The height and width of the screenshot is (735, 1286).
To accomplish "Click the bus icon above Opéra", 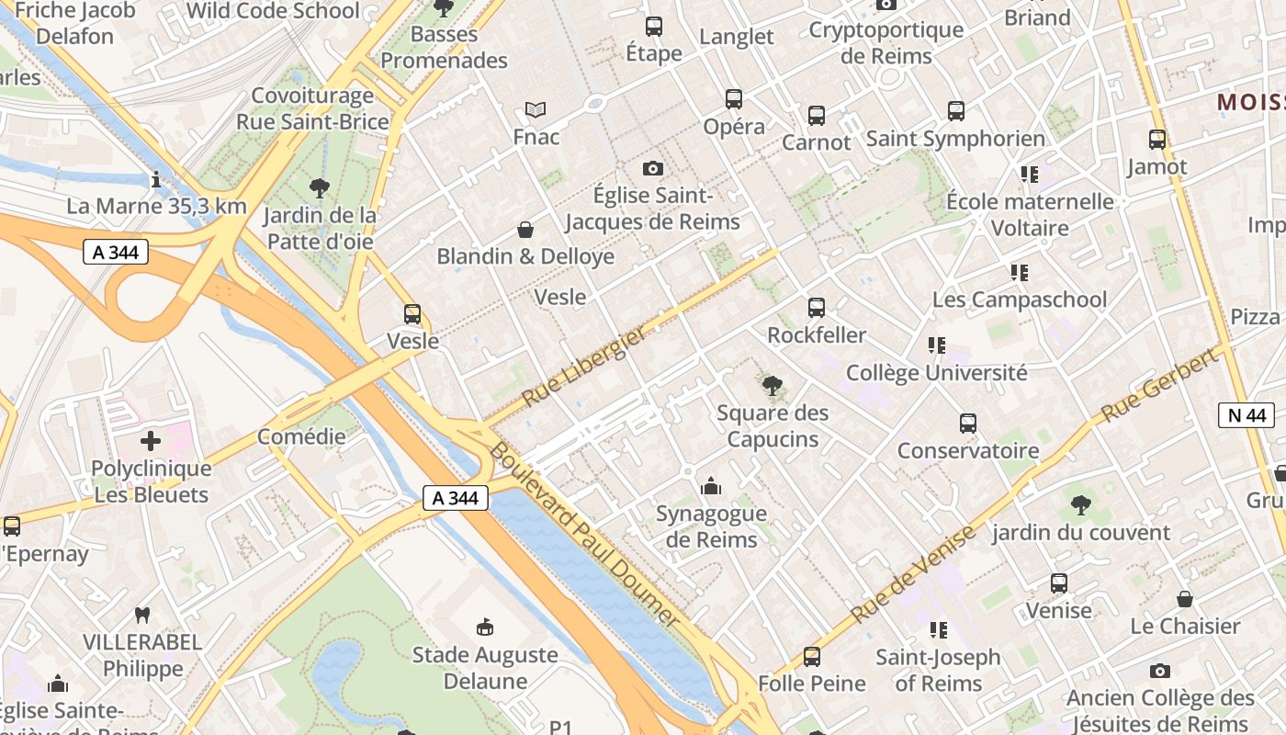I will point(733,99).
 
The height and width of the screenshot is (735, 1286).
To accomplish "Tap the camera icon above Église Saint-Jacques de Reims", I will point(653,168).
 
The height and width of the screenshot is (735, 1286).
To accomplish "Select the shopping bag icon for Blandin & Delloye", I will point(525,229).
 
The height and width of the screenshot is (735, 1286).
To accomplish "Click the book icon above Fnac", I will point(536,110).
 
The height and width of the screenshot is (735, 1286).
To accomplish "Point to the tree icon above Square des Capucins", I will point(773,386).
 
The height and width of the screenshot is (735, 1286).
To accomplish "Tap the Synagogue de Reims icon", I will point(710,486).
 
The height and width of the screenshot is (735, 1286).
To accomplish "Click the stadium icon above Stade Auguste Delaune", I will point(484,628).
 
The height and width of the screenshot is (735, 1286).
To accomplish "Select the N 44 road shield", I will point(1247,415).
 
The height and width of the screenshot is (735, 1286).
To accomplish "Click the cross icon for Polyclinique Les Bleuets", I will point(151,442).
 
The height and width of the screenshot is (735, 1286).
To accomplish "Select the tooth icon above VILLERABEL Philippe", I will point(141,615).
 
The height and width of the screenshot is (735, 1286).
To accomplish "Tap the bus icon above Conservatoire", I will point(968,424).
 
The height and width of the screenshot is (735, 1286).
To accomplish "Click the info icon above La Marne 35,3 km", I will point(156,179).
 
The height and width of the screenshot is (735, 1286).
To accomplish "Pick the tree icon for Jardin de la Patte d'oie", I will point(320,189).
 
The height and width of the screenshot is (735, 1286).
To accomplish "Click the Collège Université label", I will point(936,373).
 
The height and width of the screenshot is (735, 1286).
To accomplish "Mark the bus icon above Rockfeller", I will point(817,308).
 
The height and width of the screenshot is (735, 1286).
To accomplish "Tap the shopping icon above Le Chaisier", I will point(1185,600).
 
